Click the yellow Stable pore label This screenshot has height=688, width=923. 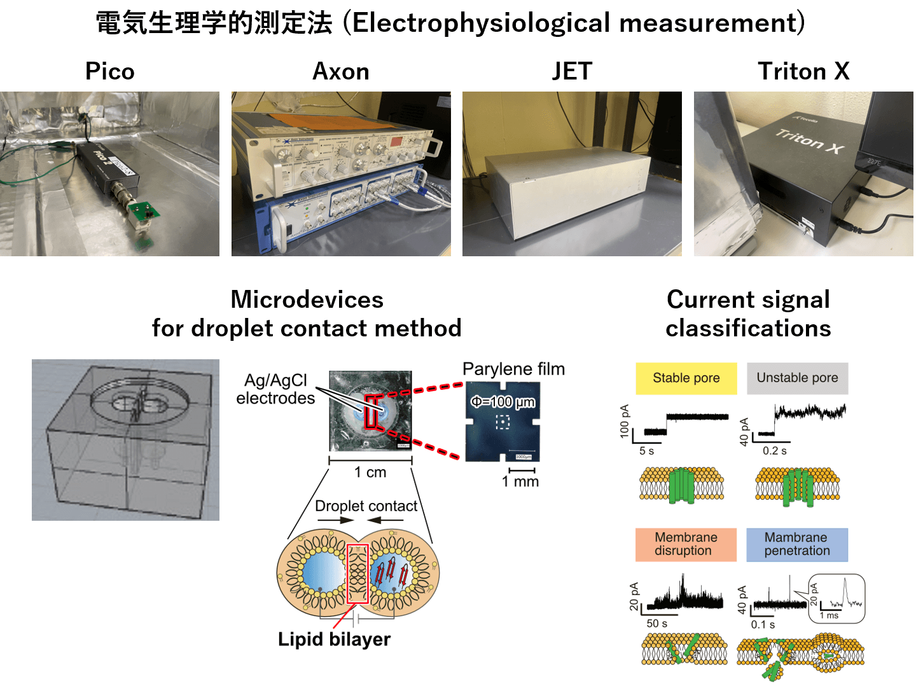click(686, 378)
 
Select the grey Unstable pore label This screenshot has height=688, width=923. click(797, 378)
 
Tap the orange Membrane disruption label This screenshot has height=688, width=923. click(686, 544)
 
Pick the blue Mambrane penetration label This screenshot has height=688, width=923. click(797, 544)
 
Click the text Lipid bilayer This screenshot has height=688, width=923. click(334, 639)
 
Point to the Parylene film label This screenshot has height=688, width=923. click(513, 369)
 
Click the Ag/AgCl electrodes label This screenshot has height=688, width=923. click(275, 389)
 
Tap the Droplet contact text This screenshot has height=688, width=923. click(366, 506)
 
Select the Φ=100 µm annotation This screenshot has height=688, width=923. click(503, 402)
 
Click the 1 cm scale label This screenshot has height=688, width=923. click(370, 472)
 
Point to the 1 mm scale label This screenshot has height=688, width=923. click(520, 482)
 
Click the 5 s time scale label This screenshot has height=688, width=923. click(646, 451)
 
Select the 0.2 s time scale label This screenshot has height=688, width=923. click(774, 451)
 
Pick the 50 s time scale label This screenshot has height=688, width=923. click(656, 624)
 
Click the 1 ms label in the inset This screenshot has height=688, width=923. click(829, 616)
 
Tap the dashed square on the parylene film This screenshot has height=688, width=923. click(503, 422)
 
